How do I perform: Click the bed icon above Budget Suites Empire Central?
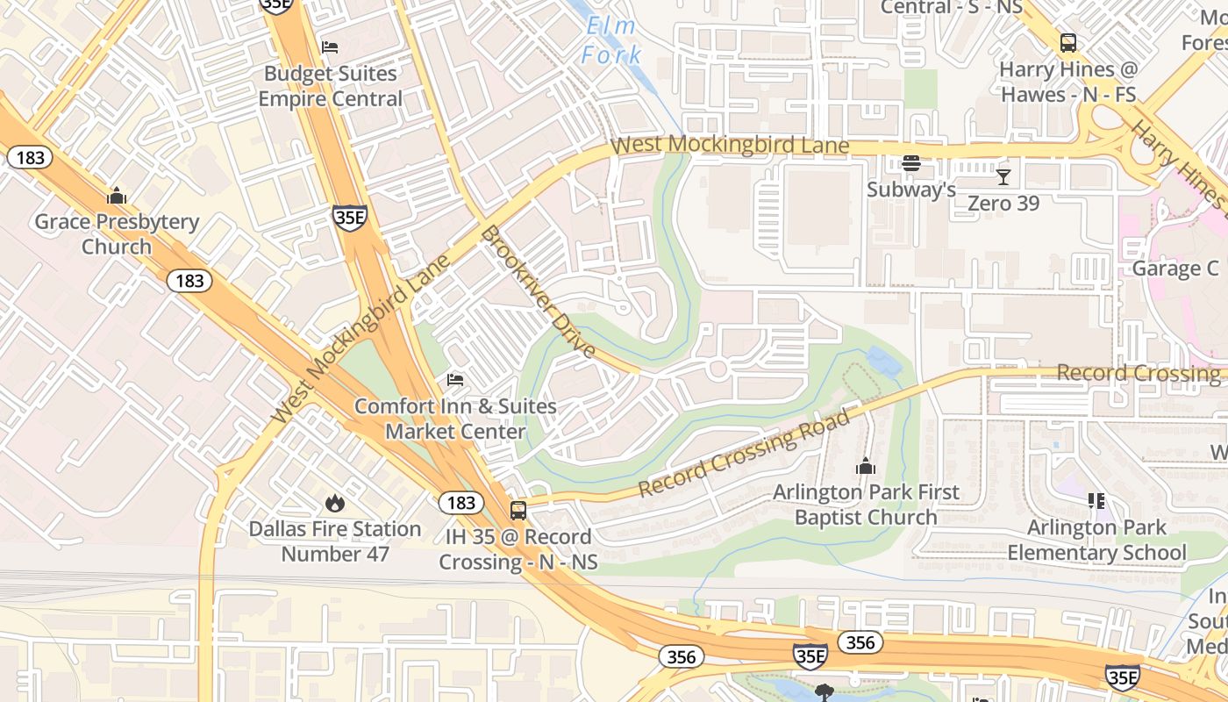(x=330, y=47)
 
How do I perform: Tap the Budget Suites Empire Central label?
(x=330, y=86)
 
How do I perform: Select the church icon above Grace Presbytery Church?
(x=116, y=196)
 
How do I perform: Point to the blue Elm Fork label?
(x=610, y=40)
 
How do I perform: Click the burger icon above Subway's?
(x=910, y=163)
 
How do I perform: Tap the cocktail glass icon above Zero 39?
(x=1003, y=177)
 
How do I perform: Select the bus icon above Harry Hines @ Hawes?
(x=1067, y=42)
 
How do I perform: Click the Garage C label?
(x=1174, y=269)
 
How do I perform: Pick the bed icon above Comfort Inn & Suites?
(x=455, y=380)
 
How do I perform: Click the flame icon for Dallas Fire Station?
(x=334, y=503)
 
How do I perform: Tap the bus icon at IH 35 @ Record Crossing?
(x=518, y=510)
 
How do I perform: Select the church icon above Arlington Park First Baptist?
(x=866, y=466)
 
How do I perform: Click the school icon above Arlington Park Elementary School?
(x=1096, y=501)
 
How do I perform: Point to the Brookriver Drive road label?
(x=538, y=292)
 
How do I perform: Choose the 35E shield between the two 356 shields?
(x=809, y=655)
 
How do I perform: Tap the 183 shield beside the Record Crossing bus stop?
(x=460, y=503)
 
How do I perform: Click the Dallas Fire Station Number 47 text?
(x=334, y=541)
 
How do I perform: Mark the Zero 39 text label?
(x=1003, y=204)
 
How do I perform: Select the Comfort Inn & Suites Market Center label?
(x=455, y=419)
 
